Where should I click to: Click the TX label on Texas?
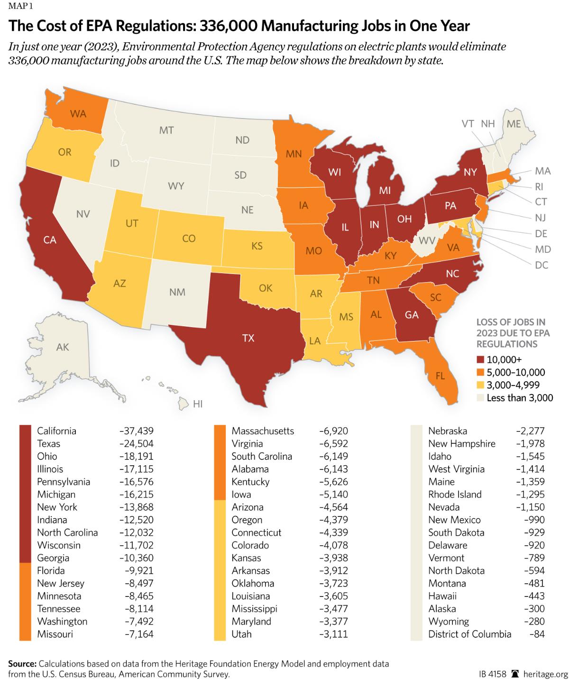click(248, 338)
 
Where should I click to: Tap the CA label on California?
click(50, 240)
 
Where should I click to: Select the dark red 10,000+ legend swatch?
click(481, 359)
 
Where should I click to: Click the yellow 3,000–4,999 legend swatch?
click(481, 385)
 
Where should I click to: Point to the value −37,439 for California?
click(136, 431)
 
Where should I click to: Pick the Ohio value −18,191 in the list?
click(136, 457)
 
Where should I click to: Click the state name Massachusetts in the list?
click(263, 431)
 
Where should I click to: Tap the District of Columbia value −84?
click(537, 634)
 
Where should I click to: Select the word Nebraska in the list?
click(448, 431)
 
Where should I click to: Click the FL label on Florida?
click(440, 376)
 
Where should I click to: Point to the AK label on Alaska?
click(63, 347)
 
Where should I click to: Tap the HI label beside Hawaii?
click(198, 404)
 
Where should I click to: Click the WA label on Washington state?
click(78, 114)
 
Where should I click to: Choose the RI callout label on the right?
click(539, 186)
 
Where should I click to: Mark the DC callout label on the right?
click(541, 265)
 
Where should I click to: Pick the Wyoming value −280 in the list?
click(532, 621)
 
